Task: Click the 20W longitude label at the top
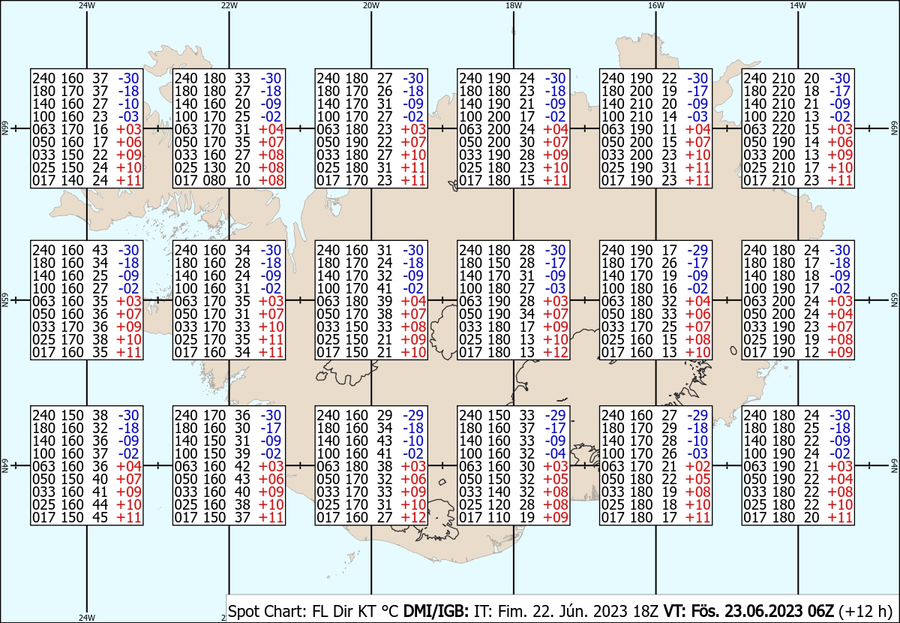[x=371, y=5]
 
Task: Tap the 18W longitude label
[x=514, y=5]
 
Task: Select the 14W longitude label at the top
[x=798, y=5]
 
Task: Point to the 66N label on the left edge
[x=4, y=128]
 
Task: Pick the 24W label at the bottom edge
[x=87, y=617]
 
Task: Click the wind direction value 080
[x=214, y=181]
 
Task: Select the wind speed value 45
[x=100, y=518]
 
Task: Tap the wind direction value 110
[x=499, y=518]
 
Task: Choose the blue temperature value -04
[x=555, y=453]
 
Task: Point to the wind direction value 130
[x=214, y=167]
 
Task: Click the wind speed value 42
[x=242, y=467]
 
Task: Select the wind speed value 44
[x=100, y=504]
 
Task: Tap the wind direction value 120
[x=499, y=504]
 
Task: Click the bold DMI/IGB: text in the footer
[x=436, y=611]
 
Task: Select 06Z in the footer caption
[x=819, y=611]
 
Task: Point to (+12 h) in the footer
[x=865, y=611]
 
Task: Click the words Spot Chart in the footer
[x=267, y=611]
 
